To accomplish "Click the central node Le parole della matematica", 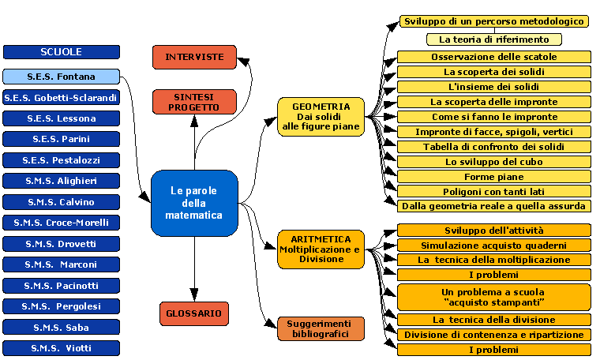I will [x=194, y=203].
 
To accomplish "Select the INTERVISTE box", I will [x=194, y=57].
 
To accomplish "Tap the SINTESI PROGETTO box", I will [x=194, y=101].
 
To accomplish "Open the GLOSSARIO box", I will [x=194, y=313].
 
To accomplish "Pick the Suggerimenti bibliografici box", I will [x=321, y=328].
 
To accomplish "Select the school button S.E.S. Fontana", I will [x=62, y=77].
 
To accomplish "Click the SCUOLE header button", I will [x=62, y=52].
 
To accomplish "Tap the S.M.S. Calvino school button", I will [x=62, y=202].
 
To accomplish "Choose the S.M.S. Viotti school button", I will [x=62, y=347].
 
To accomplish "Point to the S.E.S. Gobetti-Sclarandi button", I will [x=62, y=98].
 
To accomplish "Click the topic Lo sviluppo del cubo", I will [x=493, y=162].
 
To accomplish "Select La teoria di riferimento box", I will [x=493, y=39].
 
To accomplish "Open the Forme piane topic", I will [x=493, y=177].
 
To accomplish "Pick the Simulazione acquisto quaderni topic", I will [x=493, y=245].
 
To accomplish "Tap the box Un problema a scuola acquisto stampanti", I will [x=493, y=297].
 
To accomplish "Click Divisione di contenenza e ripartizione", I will [x=493, y=335].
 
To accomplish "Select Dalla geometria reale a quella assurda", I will [x=493, y=206].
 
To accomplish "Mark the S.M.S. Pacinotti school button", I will [x=62, y=285].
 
